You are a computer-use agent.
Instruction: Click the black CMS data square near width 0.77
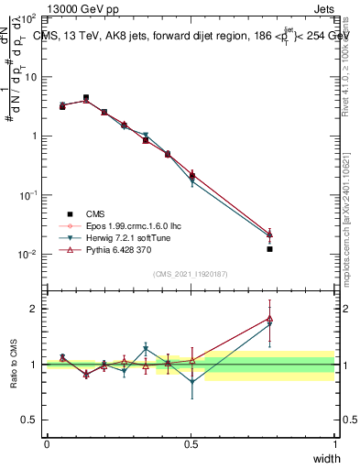[269, 249]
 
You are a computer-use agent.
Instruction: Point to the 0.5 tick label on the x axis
[191, 443]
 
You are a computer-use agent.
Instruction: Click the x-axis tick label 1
[335, 443]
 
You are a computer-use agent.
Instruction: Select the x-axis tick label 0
[47, 443]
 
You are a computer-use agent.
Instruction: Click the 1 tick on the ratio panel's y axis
[34, 365]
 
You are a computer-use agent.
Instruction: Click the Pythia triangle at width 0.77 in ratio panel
[269, 318]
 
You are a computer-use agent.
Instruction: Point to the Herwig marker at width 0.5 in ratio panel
[191, 383]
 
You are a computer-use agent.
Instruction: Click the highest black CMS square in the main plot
[86, 97]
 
